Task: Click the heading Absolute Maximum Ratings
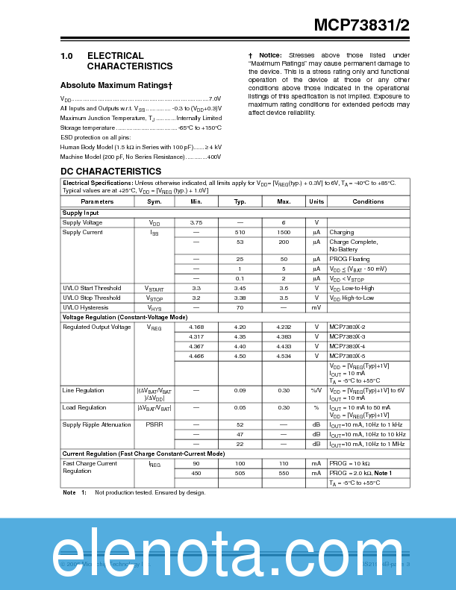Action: [116, 85]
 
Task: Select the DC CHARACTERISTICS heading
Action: [110, 172]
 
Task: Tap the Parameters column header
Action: [97, 201]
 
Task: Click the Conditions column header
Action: [368, 201]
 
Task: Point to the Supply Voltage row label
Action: [82, 222]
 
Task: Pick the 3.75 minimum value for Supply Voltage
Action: [196, 222]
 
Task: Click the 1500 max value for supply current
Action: [284, 232]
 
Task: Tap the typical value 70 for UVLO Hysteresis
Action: [240, 307]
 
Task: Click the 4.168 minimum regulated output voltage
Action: [196, 327]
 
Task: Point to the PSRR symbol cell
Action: [154, 424]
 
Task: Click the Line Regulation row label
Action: [84, 390]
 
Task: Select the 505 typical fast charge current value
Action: [240, 473]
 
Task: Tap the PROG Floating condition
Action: [349, 258]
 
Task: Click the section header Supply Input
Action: [81, 213]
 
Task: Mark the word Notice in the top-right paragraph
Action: [270, 55]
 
